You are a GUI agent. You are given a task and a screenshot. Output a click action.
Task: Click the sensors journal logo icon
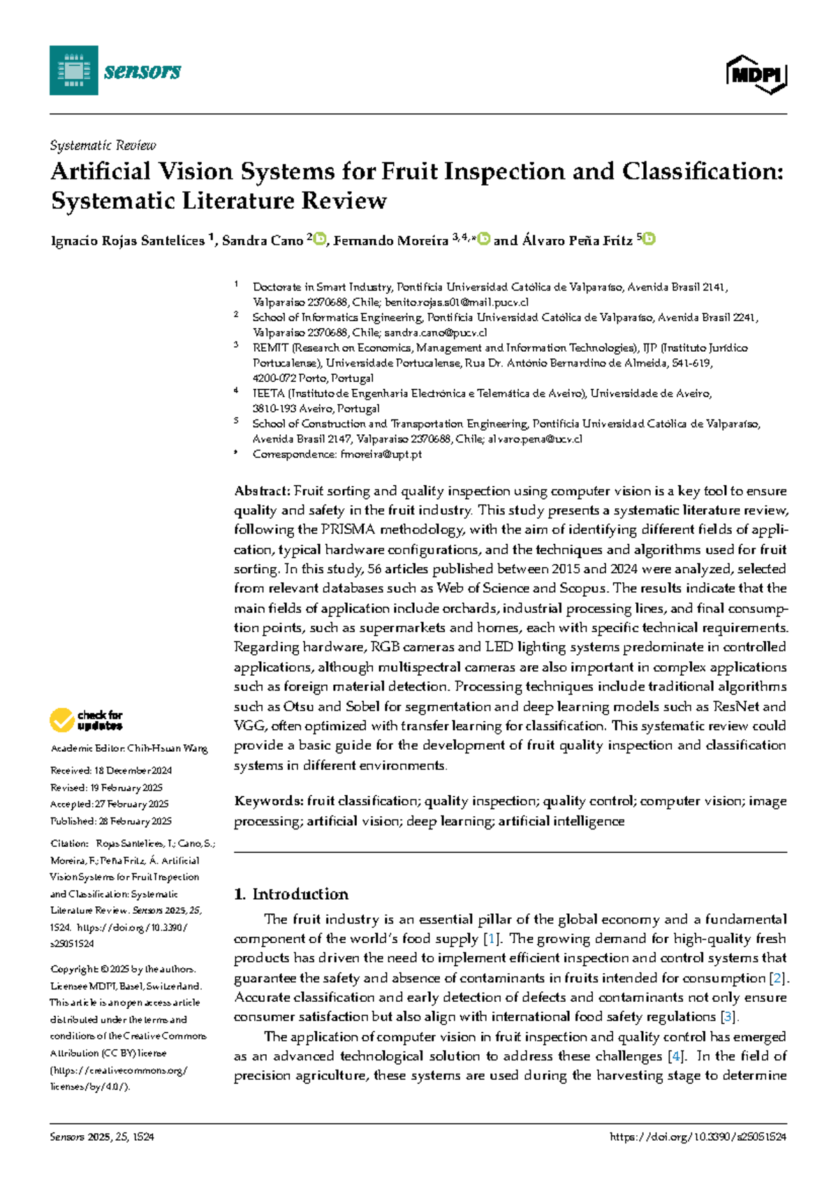point(73,71)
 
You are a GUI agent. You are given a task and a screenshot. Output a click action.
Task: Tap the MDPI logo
point(756,74)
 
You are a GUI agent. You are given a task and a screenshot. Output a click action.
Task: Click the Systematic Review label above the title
point(103,145)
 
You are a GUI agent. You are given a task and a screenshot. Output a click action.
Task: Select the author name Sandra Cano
point(262,241)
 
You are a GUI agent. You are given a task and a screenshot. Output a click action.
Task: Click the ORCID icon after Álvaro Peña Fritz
point(649,239)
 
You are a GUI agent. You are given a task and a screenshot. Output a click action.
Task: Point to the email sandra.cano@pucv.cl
point(435,333)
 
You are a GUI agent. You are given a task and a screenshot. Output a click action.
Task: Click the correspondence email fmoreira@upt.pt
point(381,454)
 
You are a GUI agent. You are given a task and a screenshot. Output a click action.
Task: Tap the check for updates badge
point(87,720)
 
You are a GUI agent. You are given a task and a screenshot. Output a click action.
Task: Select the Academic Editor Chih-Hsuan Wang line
point(129,748)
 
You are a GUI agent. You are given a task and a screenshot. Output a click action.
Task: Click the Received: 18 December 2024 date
point(111,771)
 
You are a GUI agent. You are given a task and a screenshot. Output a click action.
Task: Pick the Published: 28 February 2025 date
point(111,821)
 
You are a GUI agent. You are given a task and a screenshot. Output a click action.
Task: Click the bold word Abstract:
point(262,491)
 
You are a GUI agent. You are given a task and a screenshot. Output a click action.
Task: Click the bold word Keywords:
point(269,801)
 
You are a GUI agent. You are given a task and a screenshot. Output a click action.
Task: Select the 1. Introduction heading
point(291,894)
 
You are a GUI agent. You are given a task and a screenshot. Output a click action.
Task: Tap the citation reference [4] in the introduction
point(675,1056)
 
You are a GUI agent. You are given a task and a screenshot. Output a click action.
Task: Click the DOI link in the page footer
point(698,1137)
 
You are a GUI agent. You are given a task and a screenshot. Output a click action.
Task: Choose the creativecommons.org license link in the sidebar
point(119,1070)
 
